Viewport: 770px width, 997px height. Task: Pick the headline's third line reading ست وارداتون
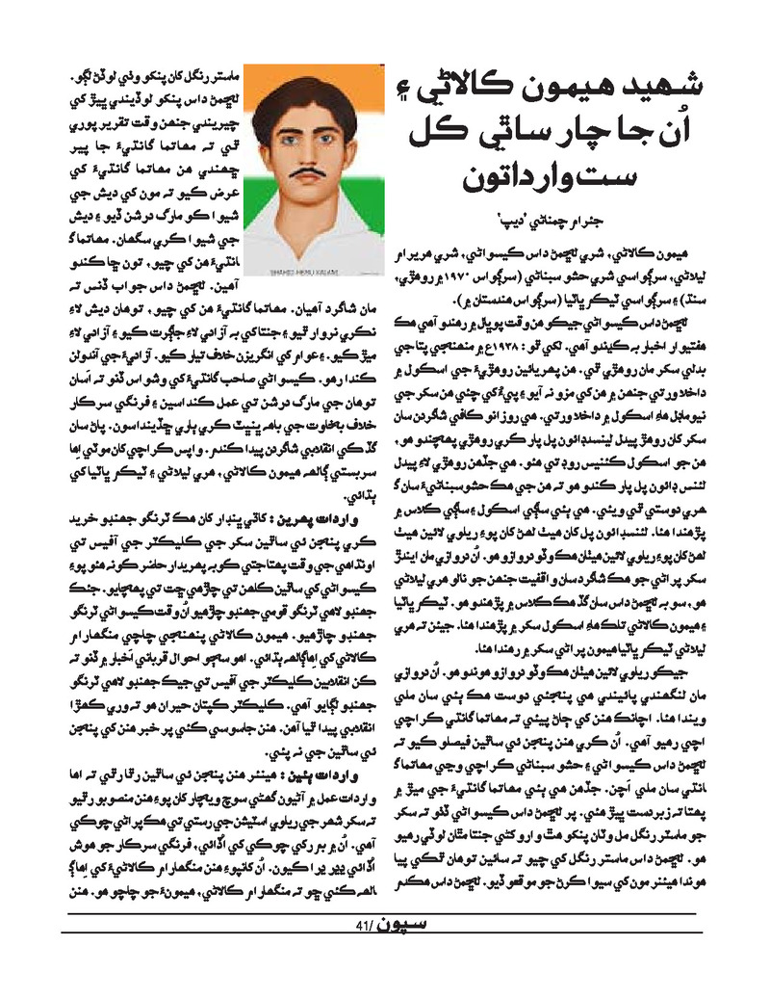pyautogui.click(x=549, y=178)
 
